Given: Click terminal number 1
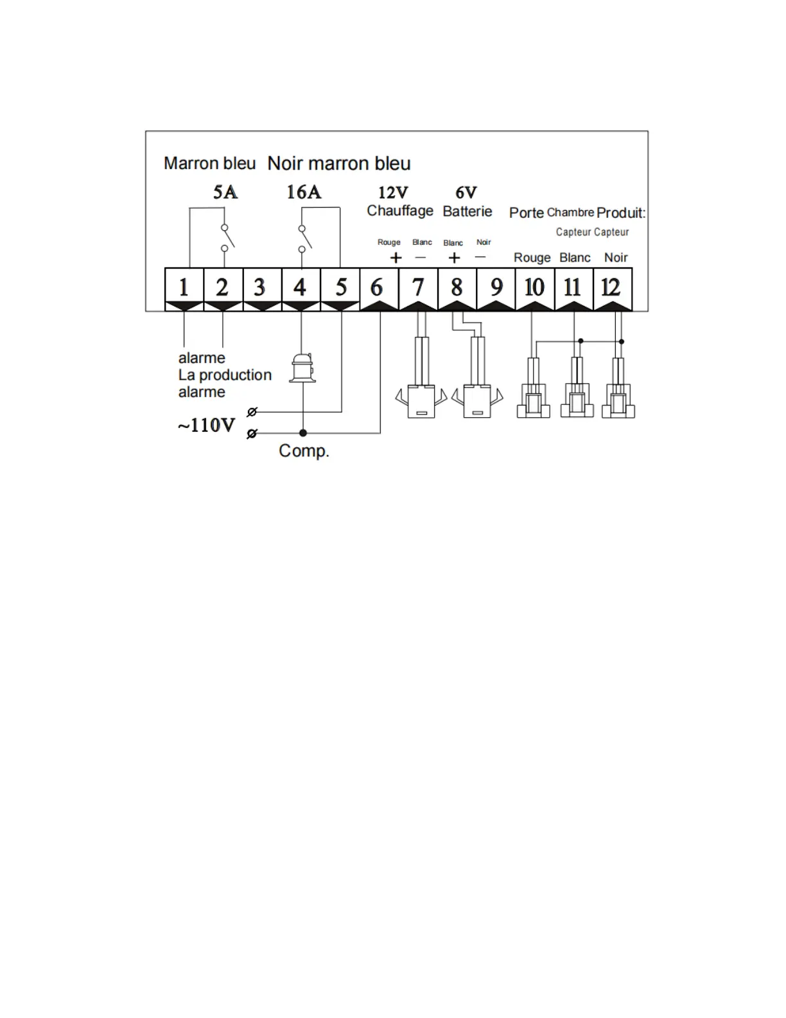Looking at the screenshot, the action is [x=184, y=287].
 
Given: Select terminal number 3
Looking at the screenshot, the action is [x=259, y=287].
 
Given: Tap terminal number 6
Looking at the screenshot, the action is [x=377, y=287].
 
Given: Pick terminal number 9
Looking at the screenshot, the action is [x=496, y=287].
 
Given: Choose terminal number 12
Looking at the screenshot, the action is [x=611, y=287].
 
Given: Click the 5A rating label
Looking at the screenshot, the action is [x=225, y=192].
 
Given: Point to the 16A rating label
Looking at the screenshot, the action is [x=304, y=192].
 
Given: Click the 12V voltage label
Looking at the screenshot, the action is [x=393, y=192].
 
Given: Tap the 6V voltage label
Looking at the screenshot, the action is [x=466, y=192].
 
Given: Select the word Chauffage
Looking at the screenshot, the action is [x=400, y=211].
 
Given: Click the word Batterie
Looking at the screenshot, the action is [x=467, y=211].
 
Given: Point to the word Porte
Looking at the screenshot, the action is [x=527, y=213].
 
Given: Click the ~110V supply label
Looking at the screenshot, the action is [x=207, y=425].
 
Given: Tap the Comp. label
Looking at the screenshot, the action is [x=304, y=451].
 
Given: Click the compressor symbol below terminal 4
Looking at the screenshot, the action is [x=302, y=368].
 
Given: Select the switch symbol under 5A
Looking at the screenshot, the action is [x=227, y=237].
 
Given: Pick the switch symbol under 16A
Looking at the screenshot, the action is [x=304, y=237].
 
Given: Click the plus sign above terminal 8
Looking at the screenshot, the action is [x=454, y=258].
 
